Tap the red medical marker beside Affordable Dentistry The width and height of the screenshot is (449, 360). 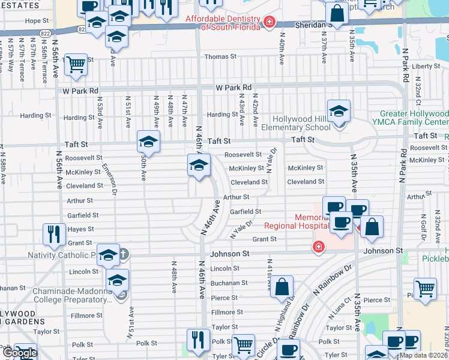tap(270, 23)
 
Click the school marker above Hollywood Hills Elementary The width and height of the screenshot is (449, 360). tap(339, 112)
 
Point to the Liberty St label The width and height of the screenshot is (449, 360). tap(426, 66)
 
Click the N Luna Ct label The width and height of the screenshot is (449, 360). tap(343, 314)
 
